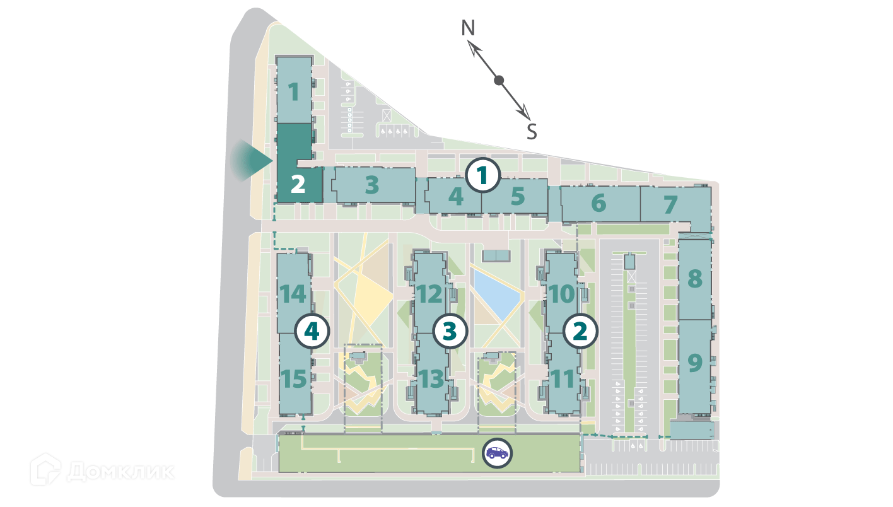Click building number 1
[x=294, y=92]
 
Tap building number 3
[x=372, y=185]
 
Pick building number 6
[x=598, y=204]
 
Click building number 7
[x=670, y=204]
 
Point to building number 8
[x=694, y=279]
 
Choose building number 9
[x=694, y=363]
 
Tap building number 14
[x=293, y=294]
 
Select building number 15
[x=294, y=379]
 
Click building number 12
[x=430, y=294]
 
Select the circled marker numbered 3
[x=449, y=330]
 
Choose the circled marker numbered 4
[x=313, y=331]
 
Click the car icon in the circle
[x=497, y=452]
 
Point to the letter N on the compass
[x=468, y=28]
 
